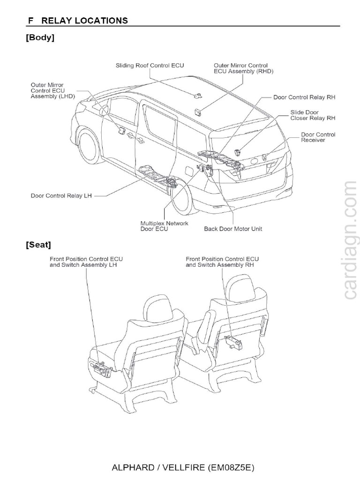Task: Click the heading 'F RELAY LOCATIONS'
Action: [77, 20]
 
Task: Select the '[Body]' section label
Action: [40, 38]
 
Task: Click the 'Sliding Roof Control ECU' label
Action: [150, 66]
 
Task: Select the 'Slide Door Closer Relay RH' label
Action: [311, 115]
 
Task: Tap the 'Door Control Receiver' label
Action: [318, 137]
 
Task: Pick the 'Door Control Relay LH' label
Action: [61, 196]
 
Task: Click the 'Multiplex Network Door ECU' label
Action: [164, 226]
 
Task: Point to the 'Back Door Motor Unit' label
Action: [233, 229]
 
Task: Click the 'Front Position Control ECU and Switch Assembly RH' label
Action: [222, 262]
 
